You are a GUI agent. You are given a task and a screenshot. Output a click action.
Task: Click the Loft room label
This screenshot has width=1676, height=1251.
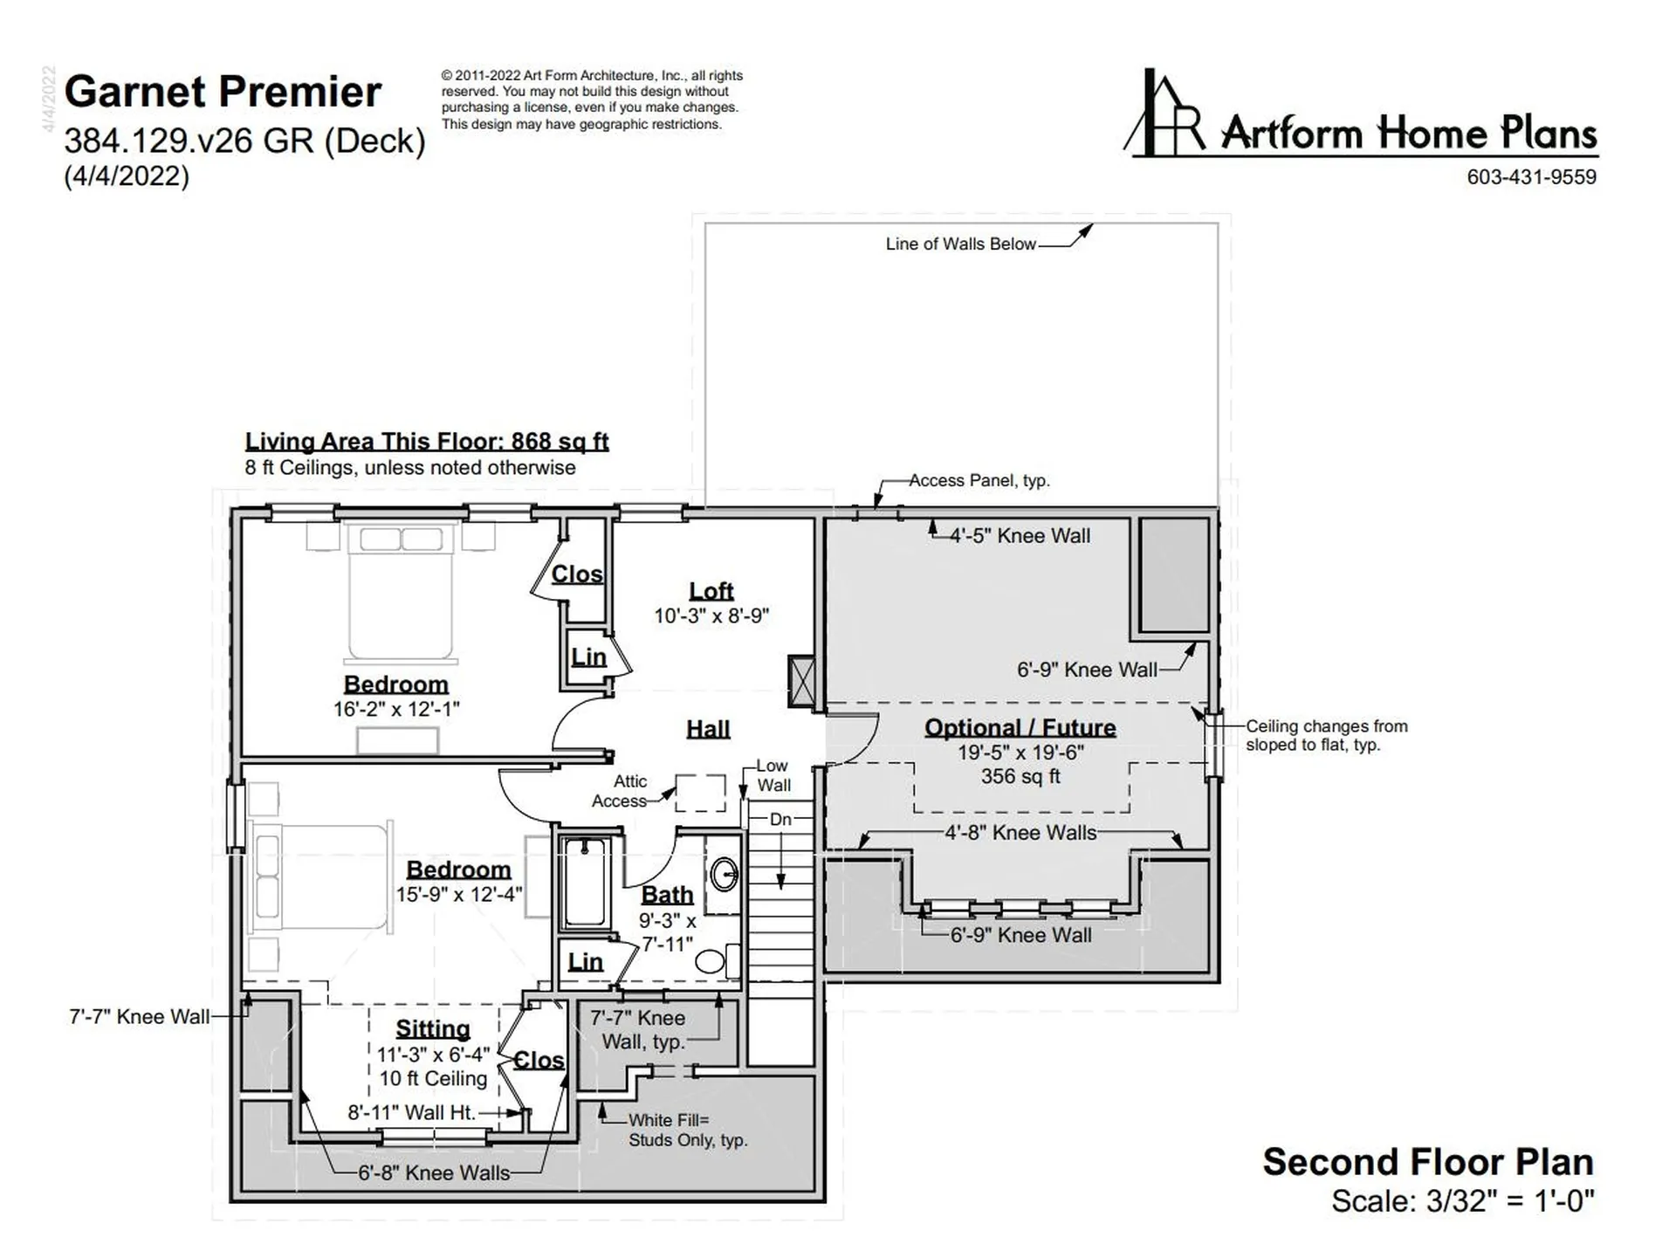point(711,591)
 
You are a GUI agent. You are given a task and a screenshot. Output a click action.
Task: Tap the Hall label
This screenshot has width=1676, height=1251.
point(708,729)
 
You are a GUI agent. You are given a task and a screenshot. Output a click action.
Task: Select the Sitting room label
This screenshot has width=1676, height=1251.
point(433,1029)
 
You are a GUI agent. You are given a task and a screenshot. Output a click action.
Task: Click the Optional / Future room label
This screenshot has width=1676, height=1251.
point(1020,728)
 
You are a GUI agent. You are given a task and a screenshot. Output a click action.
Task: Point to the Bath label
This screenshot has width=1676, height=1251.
point(667,895)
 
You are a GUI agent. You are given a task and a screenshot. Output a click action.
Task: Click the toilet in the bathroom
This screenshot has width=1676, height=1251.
point(718,961)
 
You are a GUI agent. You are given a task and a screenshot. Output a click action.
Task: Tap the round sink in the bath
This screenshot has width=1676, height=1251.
point(724,874)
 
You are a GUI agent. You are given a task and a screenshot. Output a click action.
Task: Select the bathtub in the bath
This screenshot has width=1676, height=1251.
point(585,882)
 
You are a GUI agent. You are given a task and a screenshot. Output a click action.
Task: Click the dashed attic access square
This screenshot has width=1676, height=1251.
point(701,793)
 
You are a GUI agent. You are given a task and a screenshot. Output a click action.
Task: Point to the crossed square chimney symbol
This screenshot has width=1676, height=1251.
point(801,681)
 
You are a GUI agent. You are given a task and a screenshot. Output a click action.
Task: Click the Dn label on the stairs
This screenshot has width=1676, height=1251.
point(780,820)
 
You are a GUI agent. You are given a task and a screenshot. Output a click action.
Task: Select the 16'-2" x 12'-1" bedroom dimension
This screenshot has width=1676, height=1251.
point(396,709)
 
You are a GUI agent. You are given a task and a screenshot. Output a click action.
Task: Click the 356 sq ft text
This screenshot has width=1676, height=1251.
point(1020,776)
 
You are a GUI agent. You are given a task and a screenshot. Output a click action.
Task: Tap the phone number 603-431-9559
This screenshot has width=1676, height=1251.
point(1531,177)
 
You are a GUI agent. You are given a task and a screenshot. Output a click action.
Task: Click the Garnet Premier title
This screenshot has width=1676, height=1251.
point(223,92)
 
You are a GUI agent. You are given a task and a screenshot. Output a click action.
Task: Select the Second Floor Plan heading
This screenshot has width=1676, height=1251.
point(1428,1162)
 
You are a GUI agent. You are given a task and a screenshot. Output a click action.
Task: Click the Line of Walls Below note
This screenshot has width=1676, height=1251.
point(961,244)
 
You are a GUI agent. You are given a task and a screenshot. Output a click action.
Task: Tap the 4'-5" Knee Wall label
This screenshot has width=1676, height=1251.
point(1020,536)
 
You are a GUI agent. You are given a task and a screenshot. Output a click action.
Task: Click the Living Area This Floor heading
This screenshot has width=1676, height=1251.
point(427,442)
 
